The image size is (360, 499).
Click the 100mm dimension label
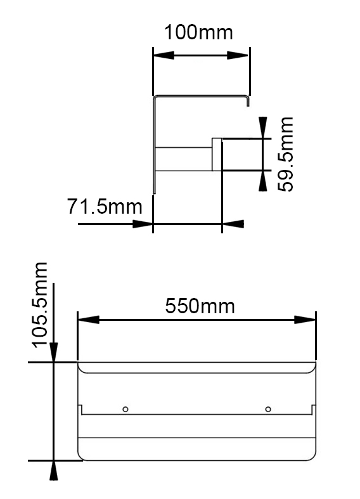tap(198, 32)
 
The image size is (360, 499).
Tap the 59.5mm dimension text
tap(285, 154)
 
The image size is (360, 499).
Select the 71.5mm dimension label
tap(105, 206)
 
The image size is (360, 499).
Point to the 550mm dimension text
tap(200, 306)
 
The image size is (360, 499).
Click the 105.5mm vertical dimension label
tap(40, 305)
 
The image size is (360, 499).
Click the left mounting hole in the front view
tap(125, 409)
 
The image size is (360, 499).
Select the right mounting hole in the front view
tap(268, 409)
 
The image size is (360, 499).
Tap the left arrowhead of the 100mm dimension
tap(164, 55)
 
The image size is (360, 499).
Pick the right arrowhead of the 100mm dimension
tap(238, 55)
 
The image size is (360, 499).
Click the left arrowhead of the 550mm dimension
tap(89, 320)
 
